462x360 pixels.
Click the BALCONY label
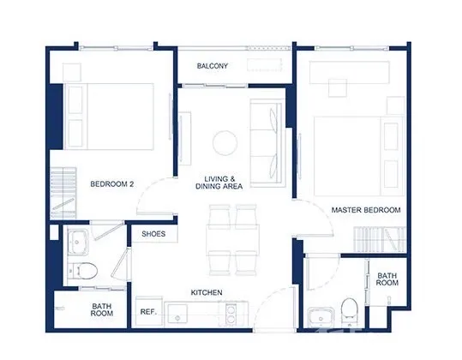click(213, 66)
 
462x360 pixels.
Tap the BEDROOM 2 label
click(112, 184)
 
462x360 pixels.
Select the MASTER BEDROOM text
click(366, 210)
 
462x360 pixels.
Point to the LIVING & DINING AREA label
click(219, 183)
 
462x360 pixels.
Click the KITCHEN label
click(207, 292)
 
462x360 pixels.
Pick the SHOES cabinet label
click(153, 234)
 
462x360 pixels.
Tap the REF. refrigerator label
click(148, 312)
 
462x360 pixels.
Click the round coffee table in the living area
click(225, 143)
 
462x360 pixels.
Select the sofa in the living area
click(267, 143)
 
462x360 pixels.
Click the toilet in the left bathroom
click(83, 271)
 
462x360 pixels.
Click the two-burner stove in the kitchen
click(231, 314)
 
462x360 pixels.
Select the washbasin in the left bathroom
click(77, 243)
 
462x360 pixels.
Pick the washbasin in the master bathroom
click(321, 318)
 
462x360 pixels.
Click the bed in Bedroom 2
click(110, 117)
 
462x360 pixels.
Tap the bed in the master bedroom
click(358, 156)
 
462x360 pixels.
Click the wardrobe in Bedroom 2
click(63, 193)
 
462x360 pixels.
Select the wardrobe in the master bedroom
click(380, 239)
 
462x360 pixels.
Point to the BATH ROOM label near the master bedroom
click(387, 279)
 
